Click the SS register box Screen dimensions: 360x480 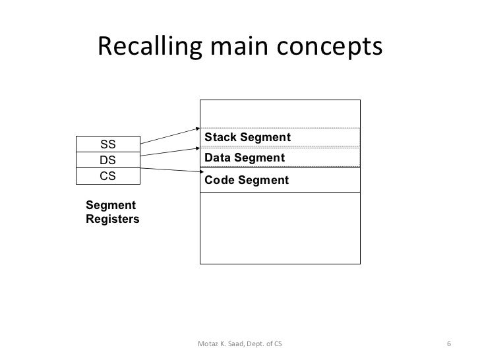click(106, 144)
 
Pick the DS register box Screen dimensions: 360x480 click(106, 160)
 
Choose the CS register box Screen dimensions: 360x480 click(106, 175)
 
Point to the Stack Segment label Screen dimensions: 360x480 click(247, 136)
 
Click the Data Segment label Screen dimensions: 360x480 click(245, 158)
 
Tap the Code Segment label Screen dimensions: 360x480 click(247, 180)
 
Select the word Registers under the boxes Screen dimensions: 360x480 click(112, 220)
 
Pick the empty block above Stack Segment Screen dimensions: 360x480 click(280, 113)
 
